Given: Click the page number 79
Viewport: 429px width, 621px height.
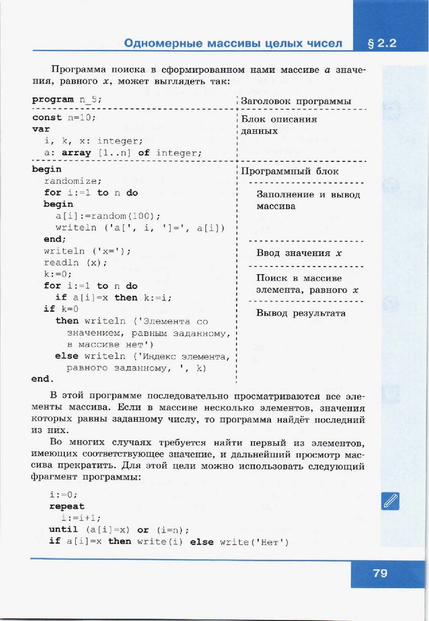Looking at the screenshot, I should (x=380, y=572).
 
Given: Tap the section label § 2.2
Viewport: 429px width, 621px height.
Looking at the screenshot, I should (x=381, y=43).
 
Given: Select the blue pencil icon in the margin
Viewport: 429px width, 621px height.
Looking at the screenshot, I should (x=391, y=501).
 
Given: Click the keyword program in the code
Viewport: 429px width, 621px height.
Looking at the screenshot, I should (x=53, y=99).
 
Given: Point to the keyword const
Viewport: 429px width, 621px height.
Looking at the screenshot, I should (x=47, y=118).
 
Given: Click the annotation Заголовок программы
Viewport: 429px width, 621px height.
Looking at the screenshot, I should (x=296, y=101).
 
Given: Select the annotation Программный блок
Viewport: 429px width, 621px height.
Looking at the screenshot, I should (x=290, y=172).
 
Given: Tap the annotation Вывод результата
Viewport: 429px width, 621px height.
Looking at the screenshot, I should (x=301, y=314).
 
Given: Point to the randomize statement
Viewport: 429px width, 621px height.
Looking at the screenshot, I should (x=73, y=181).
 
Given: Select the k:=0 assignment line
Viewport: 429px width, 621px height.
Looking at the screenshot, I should (x=56, y=274).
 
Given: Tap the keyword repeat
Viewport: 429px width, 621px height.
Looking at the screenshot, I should (x=67, y=506).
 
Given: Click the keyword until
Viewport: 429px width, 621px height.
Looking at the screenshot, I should (x=64, y=529).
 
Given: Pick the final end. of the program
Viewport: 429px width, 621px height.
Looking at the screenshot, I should (x=42, y=379).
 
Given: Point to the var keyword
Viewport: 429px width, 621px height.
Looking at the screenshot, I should (x=41, y=129).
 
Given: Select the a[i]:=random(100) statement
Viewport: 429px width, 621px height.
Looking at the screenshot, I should (x=108, y=216).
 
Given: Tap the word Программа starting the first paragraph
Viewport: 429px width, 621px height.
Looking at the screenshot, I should (x=79, y=70).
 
